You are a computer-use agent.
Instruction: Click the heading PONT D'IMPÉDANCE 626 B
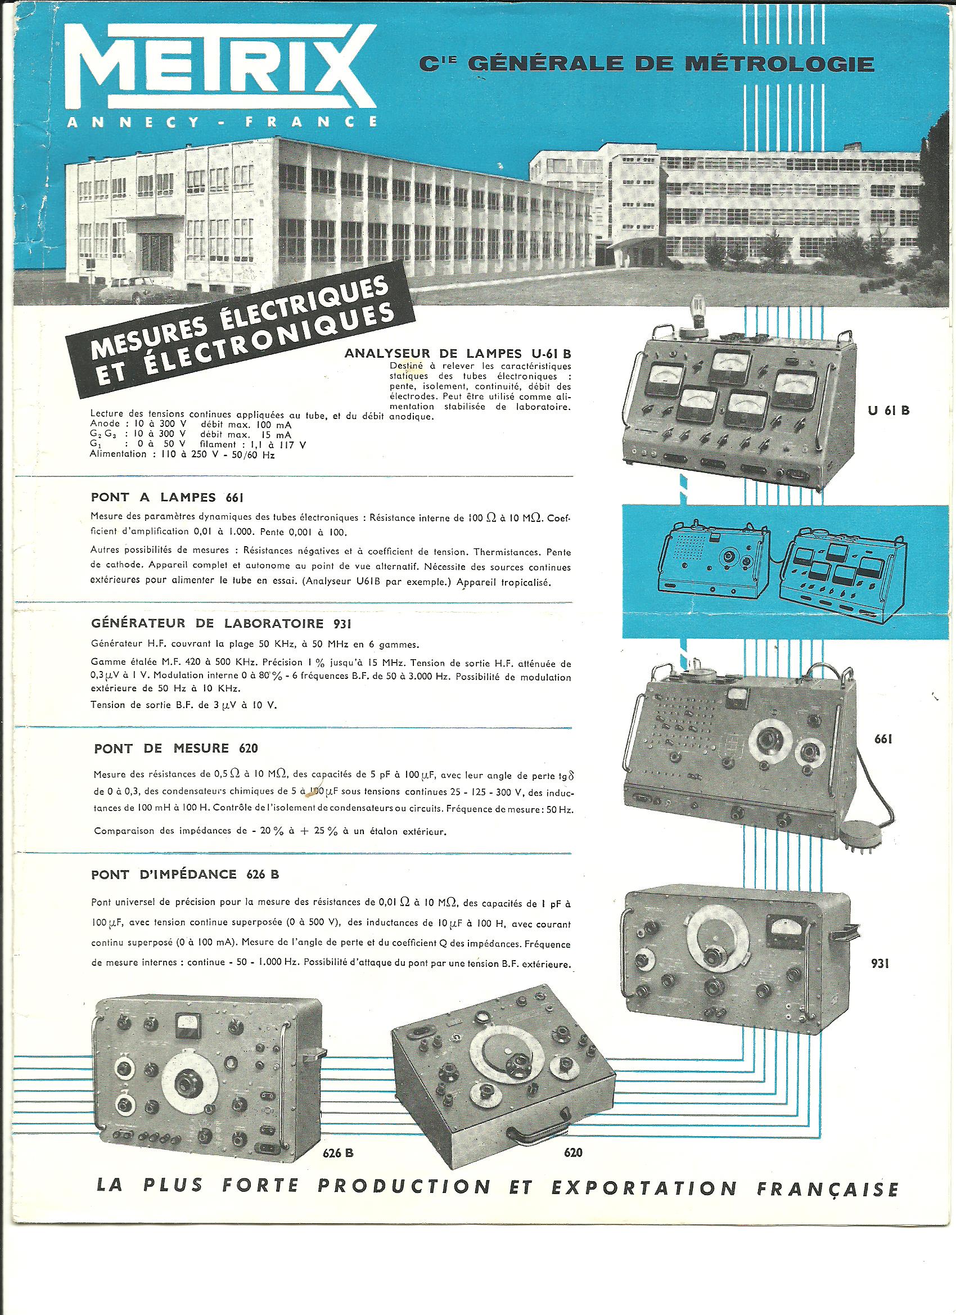[x=185, y=875]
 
